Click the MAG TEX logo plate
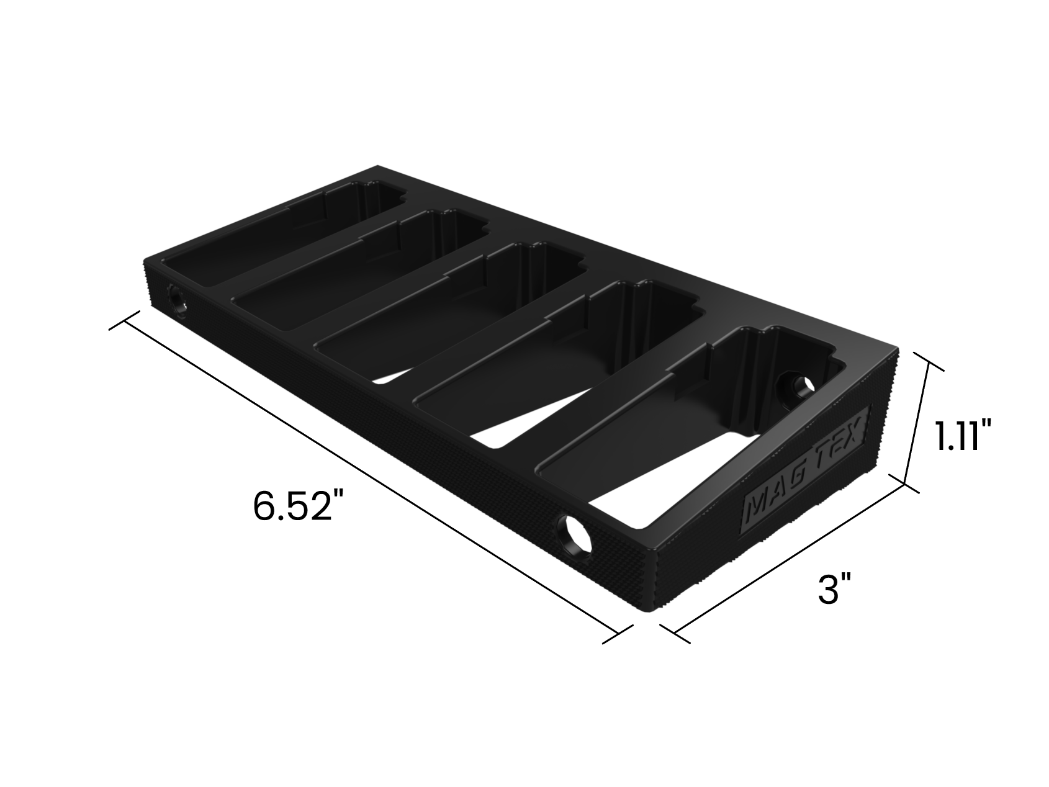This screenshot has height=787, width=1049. (x=807, y=469)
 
